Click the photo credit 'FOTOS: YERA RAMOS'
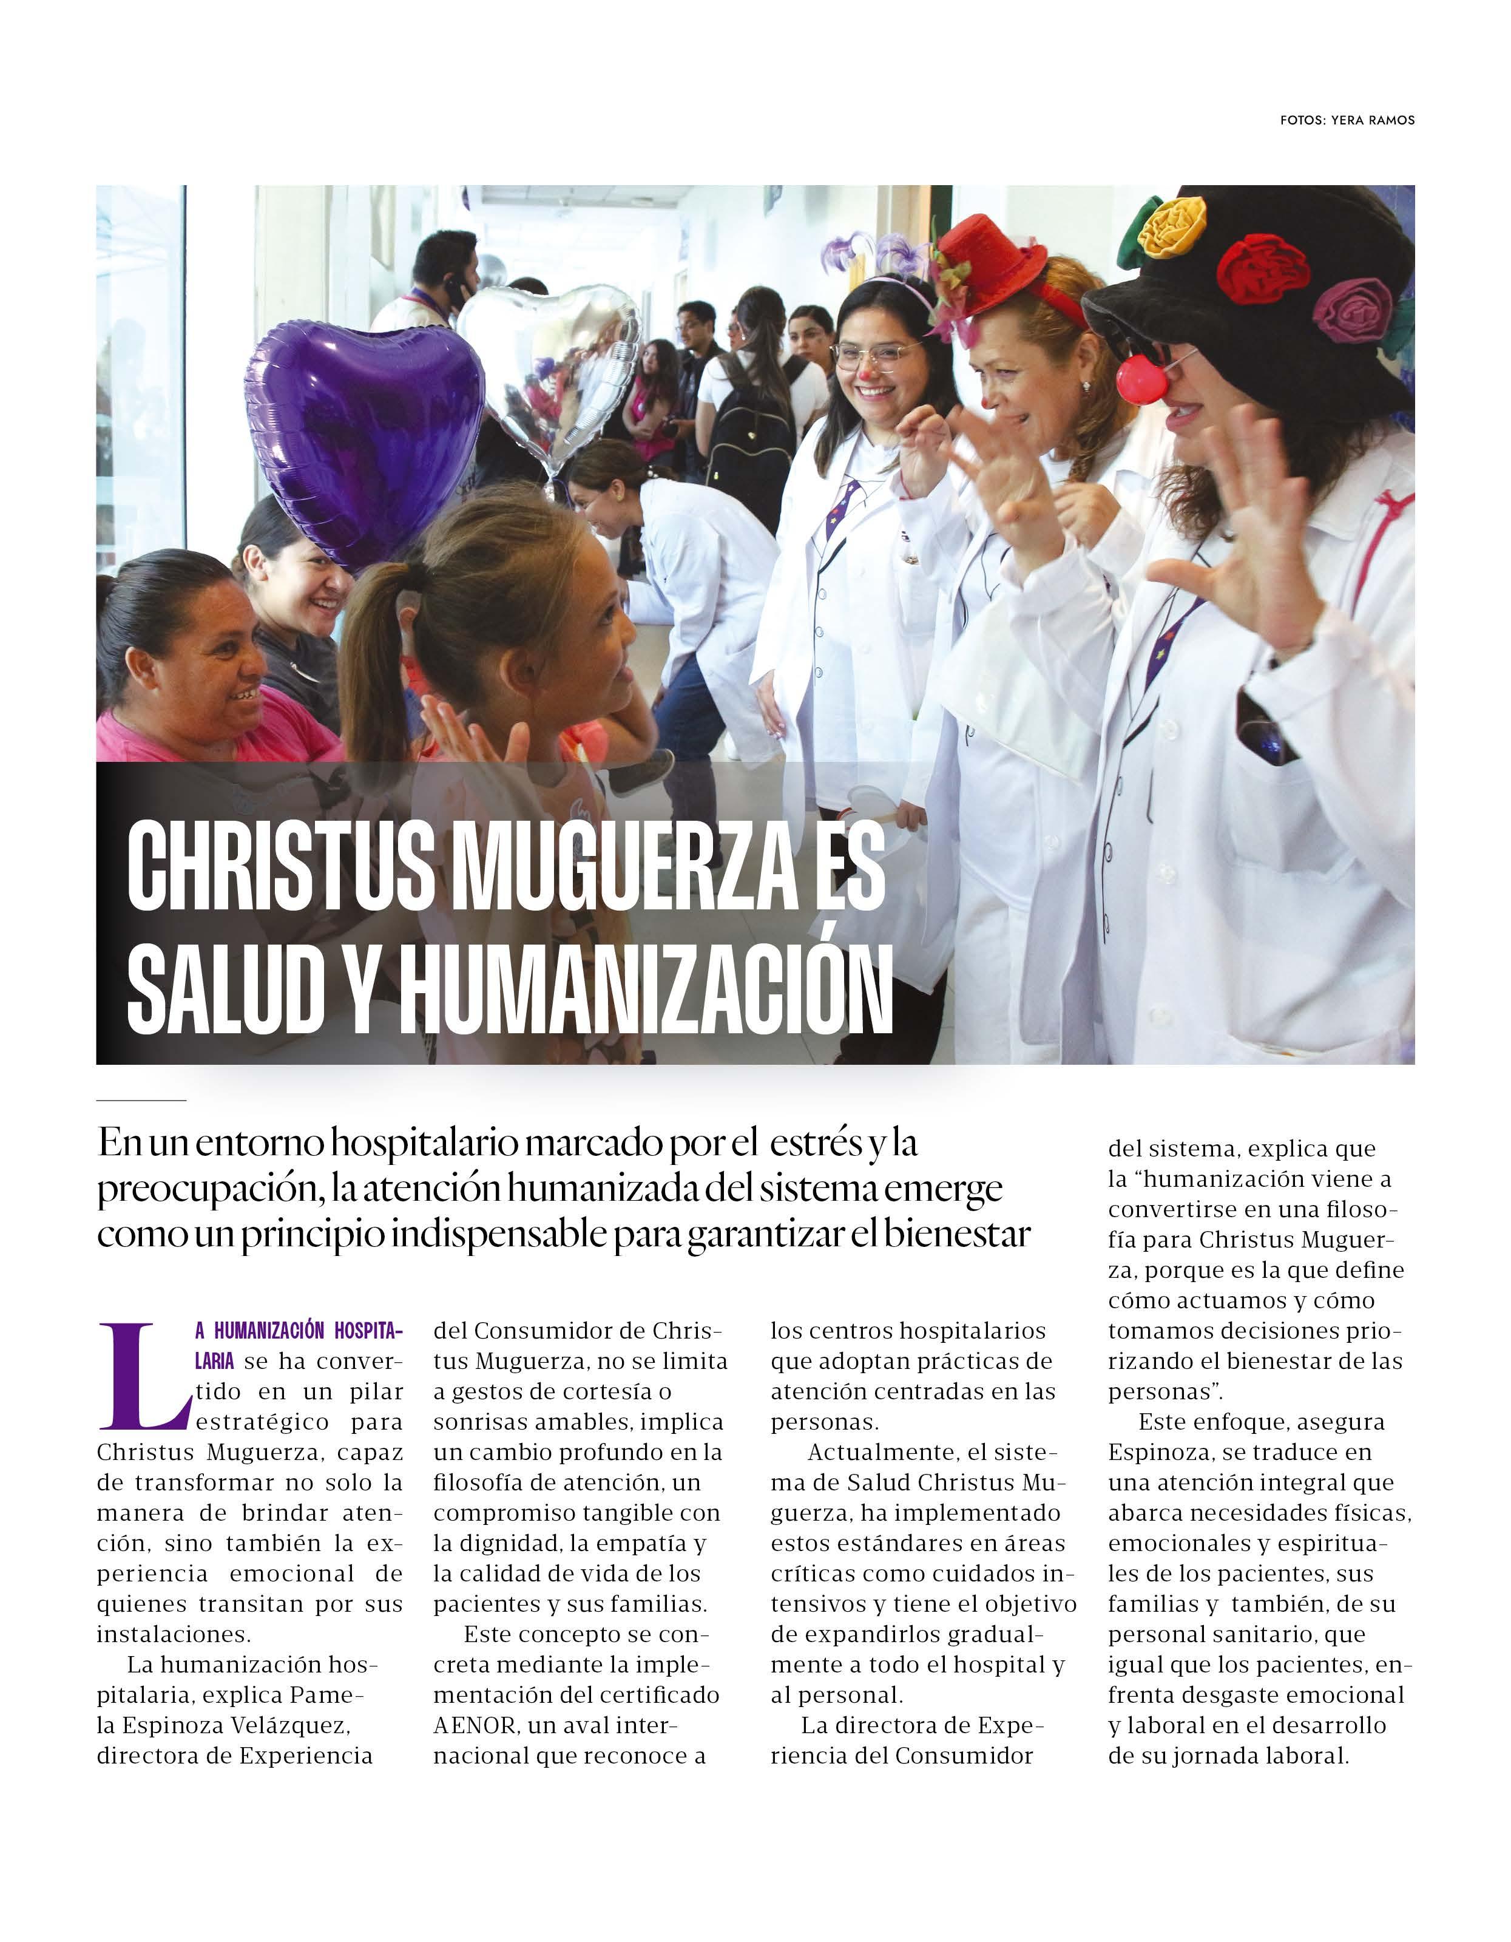pos(1347,120)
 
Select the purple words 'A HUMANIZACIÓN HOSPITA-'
pos(299,1331)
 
